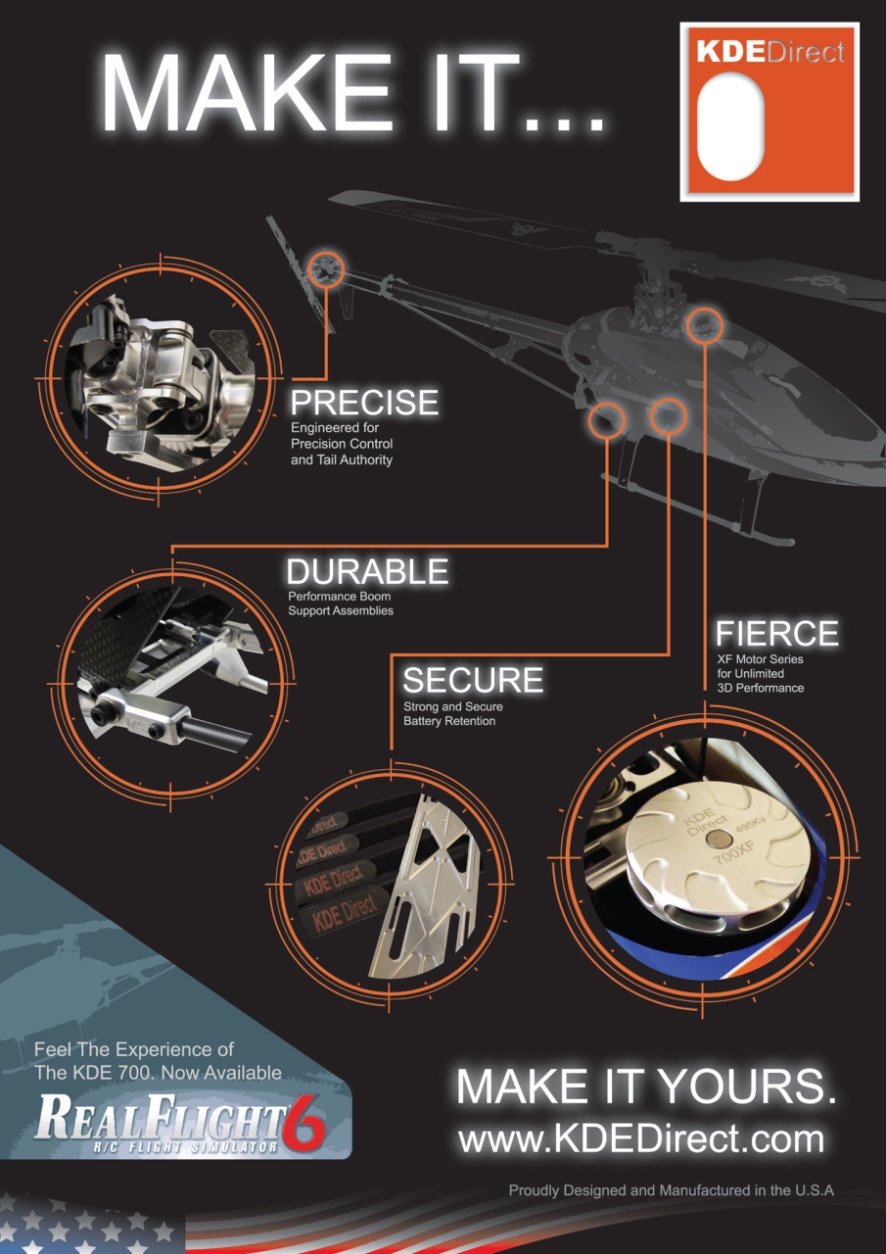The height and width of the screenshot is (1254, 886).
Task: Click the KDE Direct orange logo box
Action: (x=769, y=113)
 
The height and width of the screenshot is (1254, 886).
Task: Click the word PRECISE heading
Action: (x=364, y=403)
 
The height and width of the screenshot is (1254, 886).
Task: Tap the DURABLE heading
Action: (x=367, y=571)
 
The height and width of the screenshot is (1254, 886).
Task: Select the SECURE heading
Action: (x=473, y=680)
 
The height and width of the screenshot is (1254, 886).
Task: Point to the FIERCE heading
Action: (x=776, y=633)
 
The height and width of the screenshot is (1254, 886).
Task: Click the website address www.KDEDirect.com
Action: (x=641, y=1139)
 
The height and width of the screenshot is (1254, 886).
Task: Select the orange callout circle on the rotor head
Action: (x=704, y=325)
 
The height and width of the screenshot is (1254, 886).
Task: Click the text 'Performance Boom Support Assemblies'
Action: (x=340, y=603)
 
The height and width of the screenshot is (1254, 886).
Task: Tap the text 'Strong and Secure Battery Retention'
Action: (x=449, y=714)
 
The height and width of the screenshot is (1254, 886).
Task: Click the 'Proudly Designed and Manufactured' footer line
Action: (x=671, y=1190)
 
